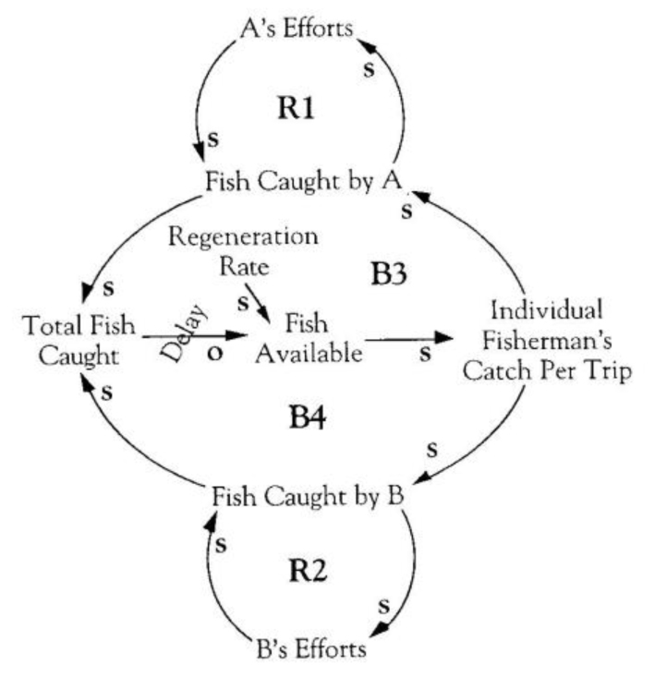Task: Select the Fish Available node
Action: [x=309, y=340]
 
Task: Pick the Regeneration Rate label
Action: [x=243, y=249]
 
